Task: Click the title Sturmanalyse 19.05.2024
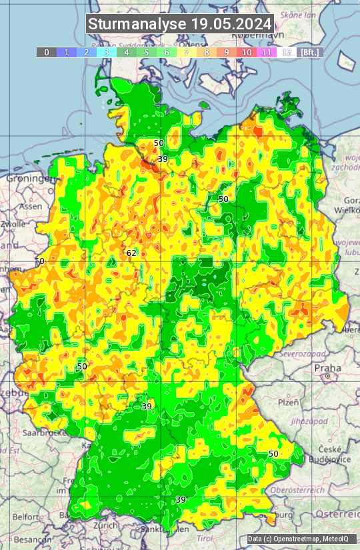coord(180,25)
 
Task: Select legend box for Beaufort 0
coord(46,52)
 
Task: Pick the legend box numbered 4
coord(127,52)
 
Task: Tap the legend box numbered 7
coord(187,52)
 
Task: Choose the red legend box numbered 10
coord(247,52)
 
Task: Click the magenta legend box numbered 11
coord(267,52)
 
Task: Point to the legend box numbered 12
coord(287,52)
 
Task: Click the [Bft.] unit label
coord(310,52)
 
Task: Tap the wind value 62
coord(131,253)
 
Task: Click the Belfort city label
coord(26,517)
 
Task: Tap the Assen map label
coord(29,207)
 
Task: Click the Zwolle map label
coord(13,225)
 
